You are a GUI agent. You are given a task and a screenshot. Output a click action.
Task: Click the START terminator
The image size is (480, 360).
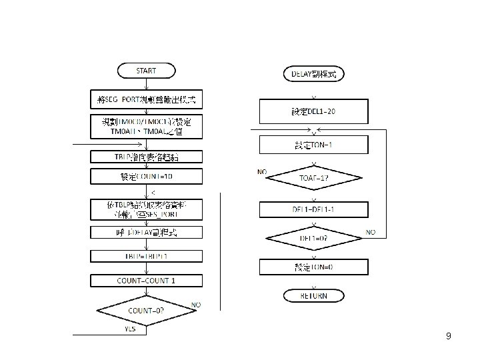click(x=146, y=70)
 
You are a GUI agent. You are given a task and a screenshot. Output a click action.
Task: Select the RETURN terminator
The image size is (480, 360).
click(x=313, y=295)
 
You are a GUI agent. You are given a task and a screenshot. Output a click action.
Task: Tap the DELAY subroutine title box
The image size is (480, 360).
click(x=313, y=74)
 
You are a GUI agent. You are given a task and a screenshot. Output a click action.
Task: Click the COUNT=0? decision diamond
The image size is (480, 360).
click(x=146, y=311)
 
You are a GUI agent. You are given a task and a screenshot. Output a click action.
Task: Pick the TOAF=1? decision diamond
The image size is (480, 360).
click(x=313, y=178)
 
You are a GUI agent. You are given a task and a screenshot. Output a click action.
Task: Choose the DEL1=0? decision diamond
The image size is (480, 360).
click(x=313, y=238)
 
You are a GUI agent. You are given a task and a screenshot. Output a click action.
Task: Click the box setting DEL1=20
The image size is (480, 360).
click(x=313, y=111)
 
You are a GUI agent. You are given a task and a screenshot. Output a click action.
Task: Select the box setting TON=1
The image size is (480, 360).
click(x=313, y=145)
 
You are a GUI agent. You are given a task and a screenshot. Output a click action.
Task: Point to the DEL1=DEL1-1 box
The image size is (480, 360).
click(x=313, y=209)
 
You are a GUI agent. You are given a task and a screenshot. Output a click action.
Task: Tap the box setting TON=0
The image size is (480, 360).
click(x=313, y=267)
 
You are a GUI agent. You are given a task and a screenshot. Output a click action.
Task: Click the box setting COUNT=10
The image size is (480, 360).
click(x=146, y=177)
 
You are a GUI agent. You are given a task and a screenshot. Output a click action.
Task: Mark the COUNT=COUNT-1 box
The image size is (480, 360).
click(x=146, y=280)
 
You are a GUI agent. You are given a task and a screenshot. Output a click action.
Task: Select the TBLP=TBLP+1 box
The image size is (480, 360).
click(x=146, y=256)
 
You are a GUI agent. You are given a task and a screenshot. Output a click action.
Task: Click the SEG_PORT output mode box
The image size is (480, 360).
click(x=146, y=100)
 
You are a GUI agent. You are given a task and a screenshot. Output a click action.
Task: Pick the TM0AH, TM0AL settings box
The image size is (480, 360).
click(x=146, y=127)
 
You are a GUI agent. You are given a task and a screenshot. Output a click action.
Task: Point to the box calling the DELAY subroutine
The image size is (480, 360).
click(x=146, y=232)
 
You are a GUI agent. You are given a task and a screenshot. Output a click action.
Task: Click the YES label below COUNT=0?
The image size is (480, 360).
click(x=131, y=329)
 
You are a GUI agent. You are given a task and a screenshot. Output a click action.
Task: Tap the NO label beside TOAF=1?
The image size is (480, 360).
click(x=263, y=172)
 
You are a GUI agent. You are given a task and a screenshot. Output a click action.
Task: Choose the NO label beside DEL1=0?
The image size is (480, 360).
click(x=371, y=232)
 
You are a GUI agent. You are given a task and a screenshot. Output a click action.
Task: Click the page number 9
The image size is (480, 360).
click(x=449, y=337)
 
